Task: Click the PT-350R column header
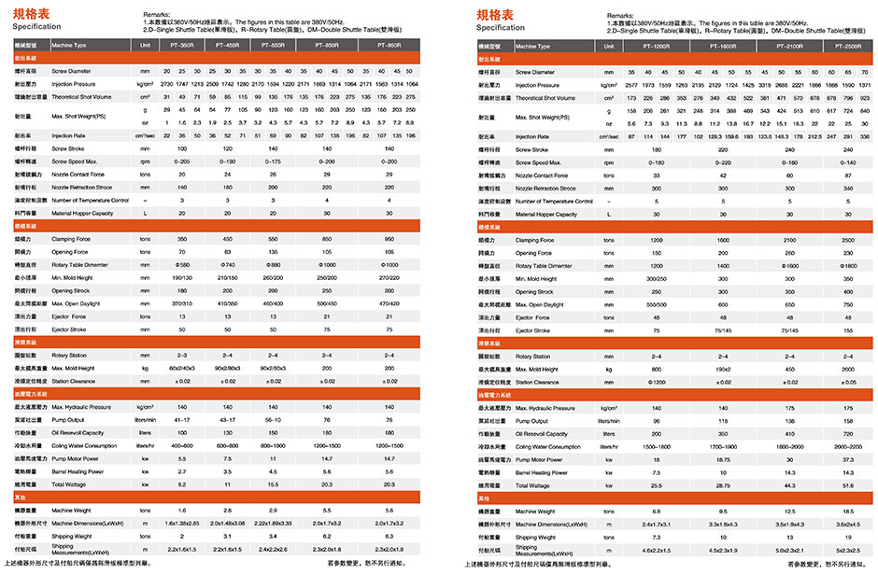187,46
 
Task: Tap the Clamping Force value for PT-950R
389,240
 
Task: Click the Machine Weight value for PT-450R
228,511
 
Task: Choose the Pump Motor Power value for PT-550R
273,459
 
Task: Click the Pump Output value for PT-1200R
657,421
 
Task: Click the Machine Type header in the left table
69,46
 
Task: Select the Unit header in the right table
609,46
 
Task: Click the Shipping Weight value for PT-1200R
657,537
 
